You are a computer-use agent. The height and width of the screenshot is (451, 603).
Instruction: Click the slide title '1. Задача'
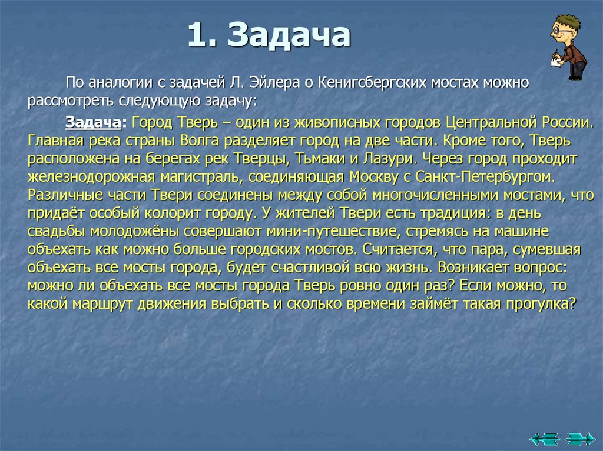pos(269,36)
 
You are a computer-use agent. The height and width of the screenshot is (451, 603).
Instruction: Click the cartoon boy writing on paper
pos(566,47)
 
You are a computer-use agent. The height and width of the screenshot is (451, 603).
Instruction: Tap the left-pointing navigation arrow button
pos(543,438)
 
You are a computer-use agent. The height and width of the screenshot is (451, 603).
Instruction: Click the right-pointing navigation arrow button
pos(580,438)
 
